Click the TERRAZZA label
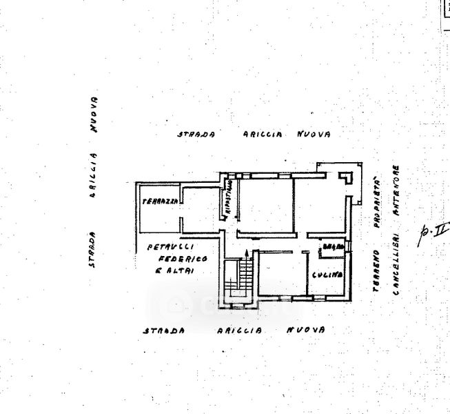pyautogui.click(x=160, y=201)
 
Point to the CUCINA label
pyautogui.click(x=327, y=275)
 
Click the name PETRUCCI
pyautogui.click(x=170, y=246)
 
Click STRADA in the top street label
pyautogui.click(x=196, y=135)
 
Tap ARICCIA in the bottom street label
pyautogui.click(x=240, y=331)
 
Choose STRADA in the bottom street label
pyautogui.click(x=163, y=331)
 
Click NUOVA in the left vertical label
pyautogui.click(x=94, y=114)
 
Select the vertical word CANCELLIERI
pyautogui.click(x=396, y=265)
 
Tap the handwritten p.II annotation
pyautogui.click(x=431, y=233)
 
